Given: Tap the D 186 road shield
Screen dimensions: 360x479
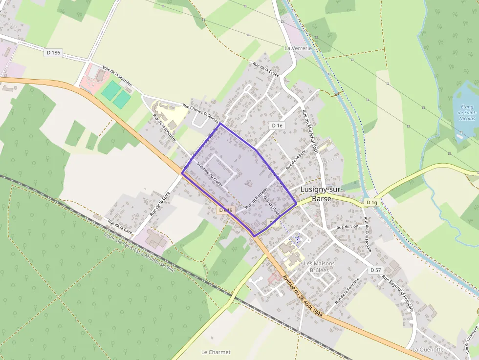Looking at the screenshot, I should (x=53, y=52).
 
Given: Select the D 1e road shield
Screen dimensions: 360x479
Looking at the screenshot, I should (x=277, y=126).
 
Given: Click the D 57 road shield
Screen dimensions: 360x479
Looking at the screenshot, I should (x=375, y=270).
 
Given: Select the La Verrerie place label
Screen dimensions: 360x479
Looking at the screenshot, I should (x=297, y=48).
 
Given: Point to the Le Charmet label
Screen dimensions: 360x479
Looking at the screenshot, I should (x=216, y=352).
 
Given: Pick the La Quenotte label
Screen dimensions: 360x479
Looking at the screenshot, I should (x=428, y=349).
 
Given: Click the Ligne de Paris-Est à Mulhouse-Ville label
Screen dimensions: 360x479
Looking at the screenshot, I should (x=140, y=253).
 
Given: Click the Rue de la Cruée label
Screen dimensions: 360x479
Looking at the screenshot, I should (x=265, y=70).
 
